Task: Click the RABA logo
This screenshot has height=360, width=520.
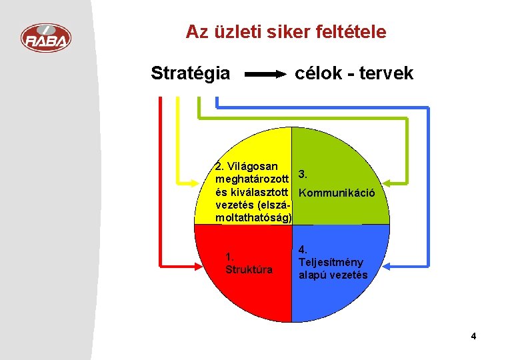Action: [46, 38]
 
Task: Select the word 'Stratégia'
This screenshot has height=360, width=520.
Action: [191, 73]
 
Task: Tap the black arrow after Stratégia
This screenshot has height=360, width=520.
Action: [265, 74]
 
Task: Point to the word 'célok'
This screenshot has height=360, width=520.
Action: [318, 73]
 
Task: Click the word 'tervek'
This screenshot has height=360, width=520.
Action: [387, 73]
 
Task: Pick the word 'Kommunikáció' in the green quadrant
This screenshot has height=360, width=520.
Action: [337, 193]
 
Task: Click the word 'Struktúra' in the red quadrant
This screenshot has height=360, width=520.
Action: [249, 269]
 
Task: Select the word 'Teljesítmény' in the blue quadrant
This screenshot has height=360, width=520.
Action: [331, 263]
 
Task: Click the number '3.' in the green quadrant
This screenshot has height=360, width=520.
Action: [303, 174]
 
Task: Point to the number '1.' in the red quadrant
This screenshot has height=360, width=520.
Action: [229, 257]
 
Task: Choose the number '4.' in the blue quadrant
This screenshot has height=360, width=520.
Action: [303, 249]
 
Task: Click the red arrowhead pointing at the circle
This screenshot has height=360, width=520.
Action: [198, 266]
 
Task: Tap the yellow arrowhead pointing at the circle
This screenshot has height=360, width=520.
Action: [195, 183]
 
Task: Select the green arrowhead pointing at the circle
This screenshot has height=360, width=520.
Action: [387, 183]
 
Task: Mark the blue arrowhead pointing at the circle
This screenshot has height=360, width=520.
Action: [387, 266]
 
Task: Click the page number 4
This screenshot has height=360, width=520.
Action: [473, 336]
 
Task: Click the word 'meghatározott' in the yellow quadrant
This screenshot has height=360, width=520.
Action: [252, 179]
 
